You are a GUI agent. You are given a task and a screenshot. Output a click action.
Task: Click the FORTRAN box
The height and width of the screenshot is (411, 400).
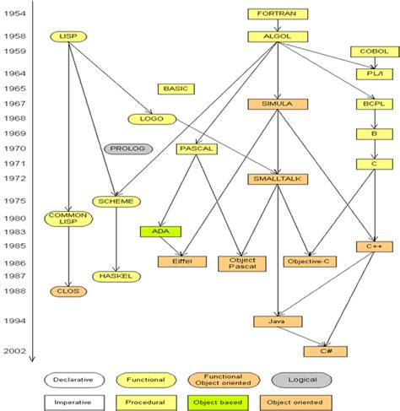coord(277,14)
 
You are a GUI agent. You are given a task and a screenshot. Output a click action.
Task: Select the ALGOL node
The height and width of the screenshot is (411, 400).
coord(277,36)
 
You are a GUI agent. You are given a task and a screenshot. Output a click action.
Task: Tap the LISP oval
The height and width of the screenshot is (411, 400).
coord(67,36)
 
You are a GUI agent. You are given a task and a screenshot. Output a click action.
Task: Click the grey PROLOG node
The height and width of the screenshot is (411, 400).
coord(127,149)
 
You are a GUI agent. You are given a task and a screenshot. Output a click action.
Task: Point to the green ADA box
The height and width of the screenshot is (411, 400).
coord(160,230)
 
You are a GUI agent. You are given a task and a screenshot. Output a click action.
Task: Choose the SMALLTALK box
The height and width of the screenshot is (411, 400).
coord(278,179)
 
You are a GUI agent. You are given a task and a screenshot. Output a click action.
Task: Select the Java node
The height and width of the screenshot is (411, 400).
coord(278,322)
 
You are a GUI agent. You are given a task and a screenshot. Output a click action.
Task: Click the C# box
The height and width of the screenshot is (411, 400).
coord(325,351)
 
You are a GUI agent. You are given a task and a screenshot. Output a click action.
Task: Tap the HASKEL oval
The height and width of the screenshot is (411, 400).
coord(116,276)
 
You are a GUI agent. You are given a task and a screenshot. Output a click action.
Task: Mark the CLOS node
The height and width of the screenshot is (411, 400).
coord(67,291)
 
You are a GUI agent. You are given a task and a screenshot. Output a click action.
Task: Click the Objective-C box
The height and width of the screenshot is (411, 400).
coord(309,262)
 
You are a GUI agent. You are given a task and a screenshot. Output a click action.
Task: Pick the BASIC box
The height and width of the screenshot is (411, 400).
coord(176,89)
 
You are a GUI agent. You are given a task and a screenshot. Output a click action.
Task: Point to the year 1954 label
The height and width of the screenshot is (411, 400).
coord(14,14)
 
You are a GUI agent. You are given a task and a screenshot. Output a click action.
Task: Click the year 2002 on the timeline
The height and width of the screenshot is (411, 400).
coord(14,351)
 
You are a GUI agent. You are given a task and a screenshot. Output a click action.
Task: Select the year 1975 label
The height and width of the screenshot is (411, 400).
coord(14,201)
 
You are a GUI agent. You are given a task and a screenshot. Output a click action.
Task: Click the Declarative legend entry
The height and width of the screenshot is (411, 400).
coord(74,381)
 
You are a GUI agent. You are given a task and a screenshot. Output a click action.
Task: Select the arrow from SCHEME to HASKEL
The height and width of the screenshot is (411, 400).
coord(116,241)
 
